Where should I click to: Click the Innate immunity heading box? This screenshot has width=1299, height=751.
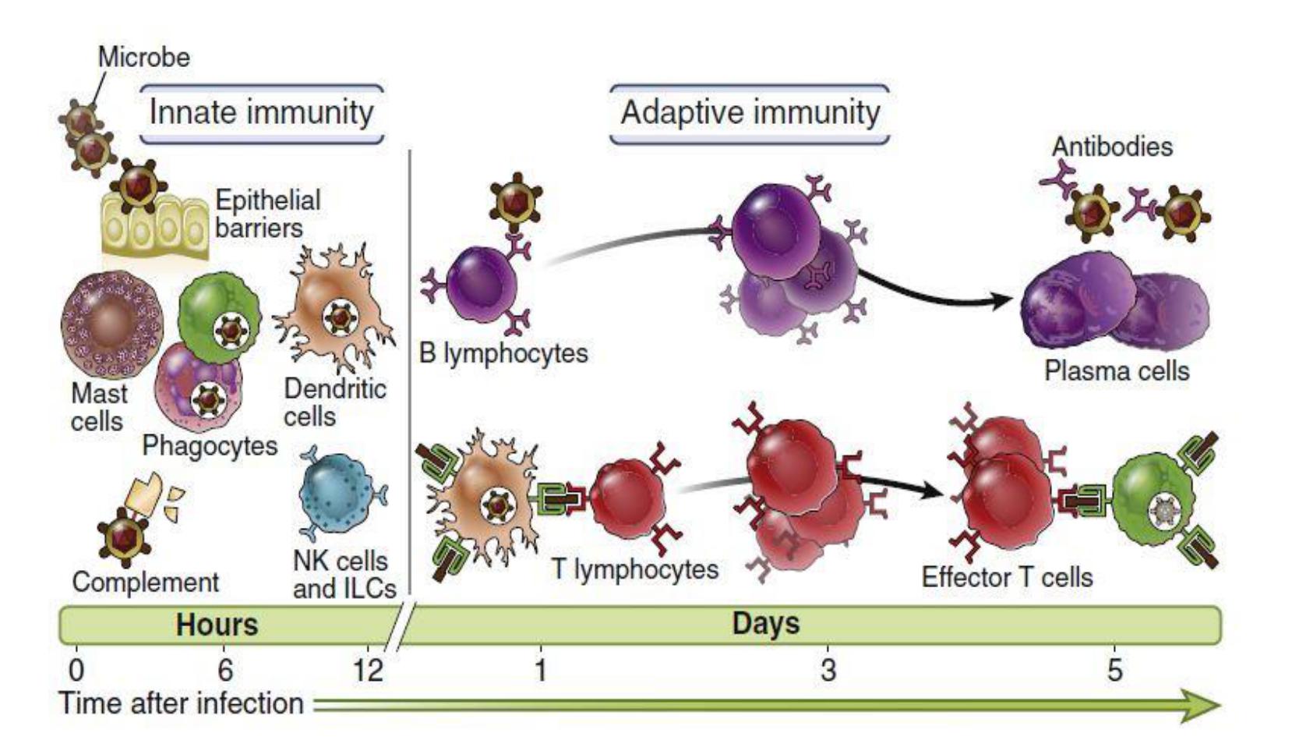click(x=261, y=113)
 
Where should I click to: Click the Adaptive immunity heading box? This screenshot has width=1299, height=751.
click(x=750, y=113)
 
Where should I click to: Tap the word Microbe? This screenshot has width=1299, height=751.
click(x=143, y=57)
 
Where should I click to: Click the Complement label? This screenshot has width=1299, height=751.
click(x=146, y=583)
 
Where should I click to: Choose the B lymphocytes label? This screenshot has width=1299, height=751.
click(x=503, y=353)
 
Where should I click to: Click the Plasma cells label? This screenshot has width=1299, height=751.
click(x=1117, y=370)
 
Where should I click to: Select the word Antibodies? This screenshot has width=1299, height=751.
click(x=1112, y=147)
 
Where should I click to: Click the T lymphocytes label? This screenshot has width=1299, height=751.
click(x=635, y=569)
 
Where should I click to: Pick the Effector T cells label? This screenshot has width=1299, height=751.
click(x=1007, y=578)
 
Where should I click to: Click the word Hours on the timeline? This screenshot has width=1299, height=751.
click(x=217, y=625)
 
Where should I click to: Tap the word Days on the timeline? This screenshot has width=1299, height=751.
click(x=765, y=624)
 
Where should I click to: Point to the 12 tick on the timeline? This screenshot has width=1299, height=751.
click(x=368, y=669)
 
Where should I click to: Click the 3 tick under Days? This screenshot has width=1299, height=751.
click(x=828, y=669)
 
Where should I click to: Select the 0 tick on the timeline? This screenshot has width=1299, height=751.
click(x=76, y=669)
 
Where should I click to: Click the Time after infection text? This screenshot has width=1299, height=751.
click(x=182, y=703)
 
